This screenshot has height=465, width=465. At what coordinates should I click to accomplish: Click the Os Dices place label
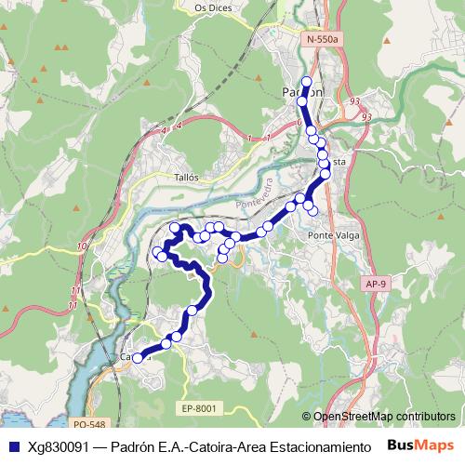pos(213,7)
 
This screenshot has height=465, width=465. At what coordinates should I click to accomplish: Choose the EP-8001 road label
pos(199,407)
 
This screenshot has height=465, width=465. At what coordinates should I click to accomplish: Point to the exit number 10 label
pos(83,246)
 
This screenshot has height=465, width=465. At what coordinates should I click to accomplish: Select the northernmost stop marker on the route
pos(307,81)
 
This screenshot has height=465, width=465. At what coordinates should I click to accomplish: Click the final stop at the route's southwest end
pos(136,358)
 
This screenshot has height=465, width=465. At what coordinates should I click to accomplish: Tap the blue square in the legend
pos(13,445)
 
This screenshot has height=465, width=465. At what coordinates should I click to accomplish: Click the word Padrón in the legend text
pos(132,445)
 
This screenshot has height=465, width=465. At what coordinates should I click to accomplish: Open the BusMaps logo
pos(422,445)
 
